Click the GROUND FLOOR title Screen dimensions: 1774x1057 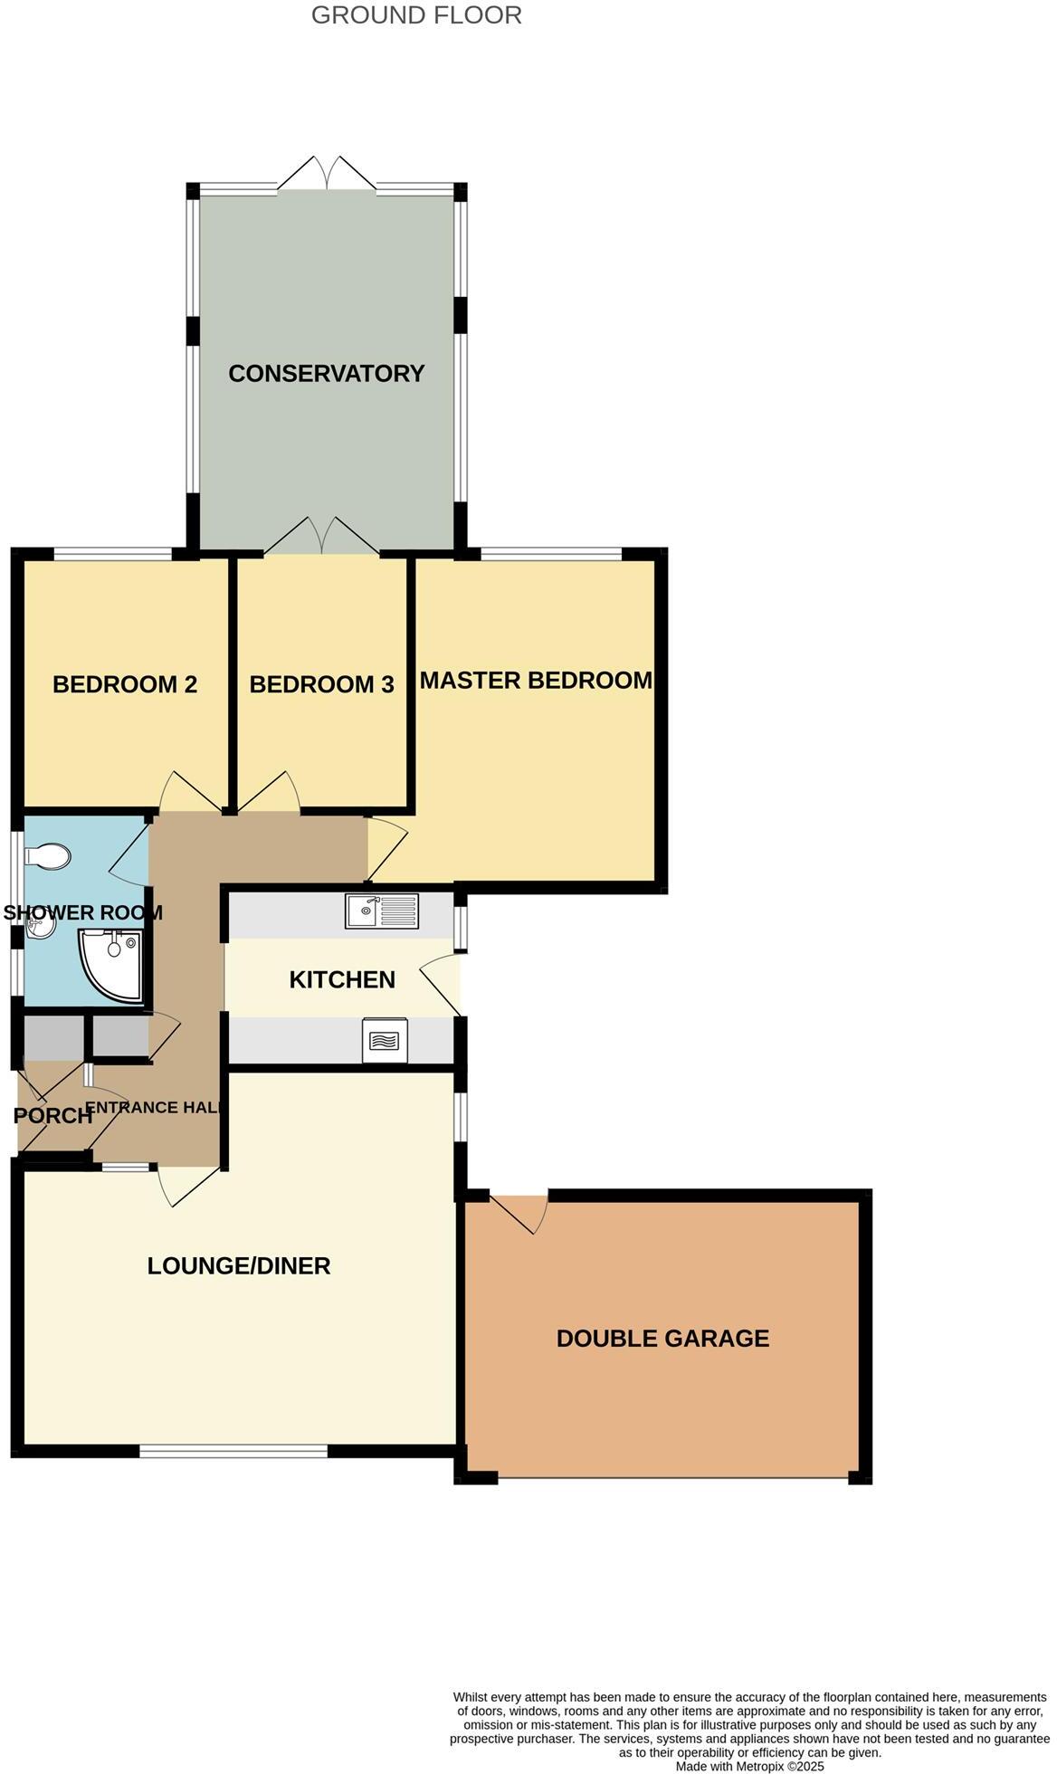tap(416, 15)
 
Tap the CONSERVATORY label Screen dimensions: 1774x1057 tap(326, 373)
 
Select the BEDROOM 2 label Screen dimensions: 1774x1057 tap(125, 684)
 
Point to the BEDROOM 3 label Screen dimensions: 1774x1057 tap(321, 684)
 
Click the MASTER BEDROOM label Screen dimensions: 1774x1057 tap(536, 680)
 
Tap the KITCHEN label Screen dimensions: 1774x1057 tap(342, 979)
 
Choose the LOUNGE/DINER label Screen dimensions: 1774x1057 tap(239, 1265)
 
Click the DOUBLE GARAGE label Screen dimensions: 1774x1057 tap(662, 1338)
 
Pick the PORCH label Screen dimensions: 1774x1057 tap(52, 1115)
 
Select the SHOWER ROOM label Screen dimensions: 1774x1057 tap(82, 912)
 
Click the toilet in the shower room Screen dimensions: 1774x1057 tap(48, 855)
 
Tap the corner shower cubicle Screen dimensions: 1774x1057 tap(110, 965)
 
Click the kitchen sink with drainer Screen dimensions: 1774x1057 tap(382, 911)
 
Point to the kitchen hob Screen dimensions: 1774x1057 tap(385, 1041)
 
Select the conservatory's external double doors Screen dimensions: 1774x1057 tap(326, 174)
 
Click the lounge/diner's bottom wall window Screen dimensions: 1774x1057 tap(233, 1451)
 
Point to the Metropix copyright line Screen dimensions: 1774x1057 tap(749, 1766)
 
